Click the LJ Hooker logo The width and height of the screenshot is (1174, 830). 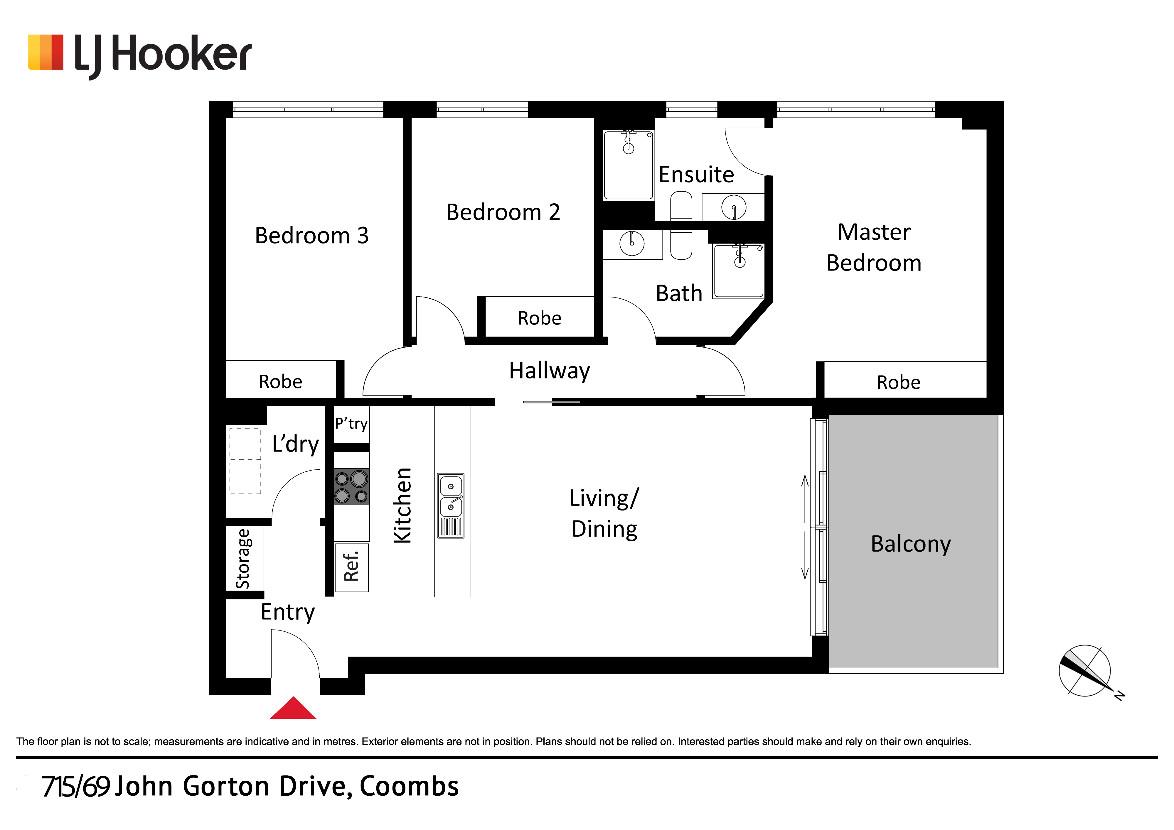(139, 55)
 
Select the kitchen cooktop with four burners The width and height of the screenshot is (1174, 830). (351, 486)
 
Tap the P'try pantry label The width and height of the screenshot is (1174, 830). (351, 424)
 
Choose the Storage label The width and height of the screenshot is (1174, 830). (243, 559)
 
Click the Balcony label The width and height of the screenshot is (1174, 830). (911, 544)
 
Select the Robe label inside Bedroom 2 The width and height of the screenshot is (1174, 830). (540, 318)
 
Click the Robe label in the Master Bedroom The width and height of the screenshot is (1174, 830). (898, 382)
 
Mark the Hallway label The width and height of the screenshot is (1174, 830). (550, 371)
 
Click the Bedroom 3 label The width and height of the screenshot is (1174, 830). (311, 236)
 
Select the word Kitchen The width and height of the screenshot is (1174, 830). (403, 506)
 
